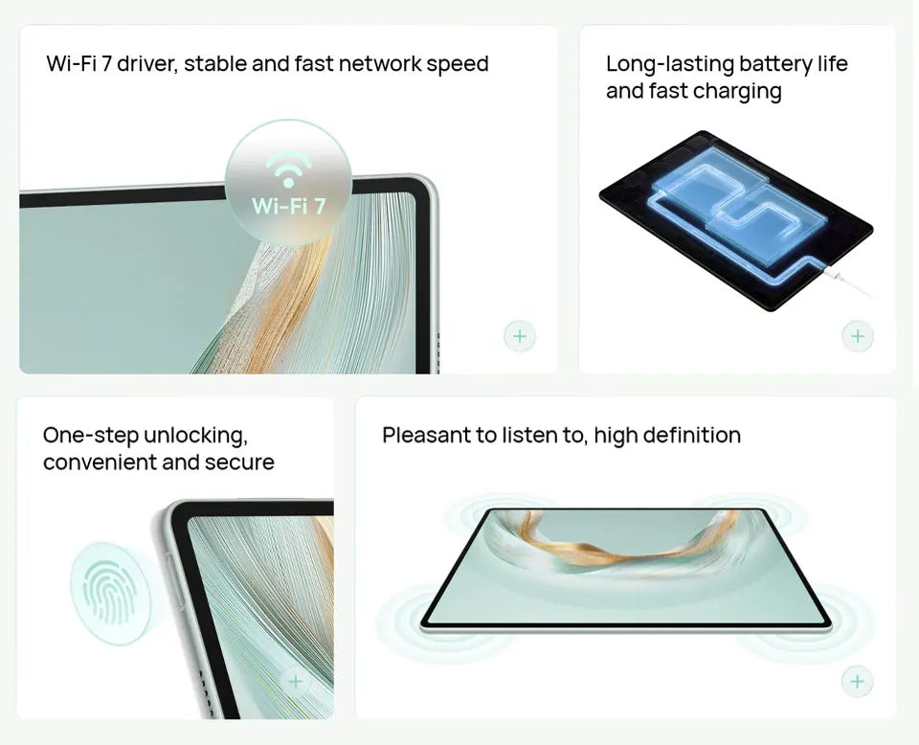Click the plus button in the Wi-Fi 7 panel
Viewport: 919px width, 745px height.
click(519, 336)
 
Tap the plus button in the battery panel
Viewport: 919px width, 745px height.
click(858, 336)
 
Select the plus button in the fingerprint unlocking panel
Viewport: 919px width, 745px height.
click(296, 681)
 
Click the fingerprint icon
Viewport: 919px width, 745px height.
click(109, 593)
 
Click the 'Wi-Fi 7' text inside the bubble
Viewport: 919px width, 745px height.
click(288, 206)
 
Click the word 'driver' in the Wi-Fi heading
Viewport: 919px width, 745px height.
click(146, 63)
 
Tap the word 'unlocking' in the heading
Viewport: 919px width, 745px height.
click(195, 436)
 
